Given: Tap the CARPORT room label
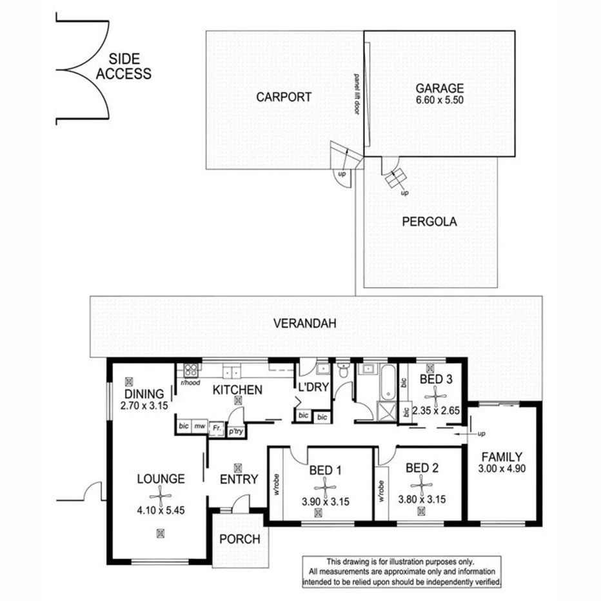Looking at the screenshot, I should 284,97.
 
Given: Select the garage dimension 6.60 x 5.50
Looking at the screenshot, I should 440,100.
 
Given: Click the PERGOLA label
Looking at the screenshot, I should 429,222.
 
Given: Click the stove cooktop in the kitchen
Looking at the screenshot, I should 192,370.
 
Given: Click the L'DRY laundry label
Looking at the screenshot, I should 313,388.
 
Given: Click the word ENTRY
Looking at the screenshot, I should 239,479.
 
